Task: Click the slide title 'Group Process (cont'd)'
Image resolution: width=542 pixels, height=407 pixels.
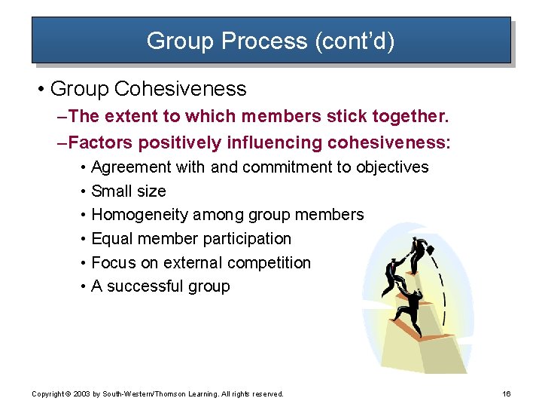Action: (x=270, y=40)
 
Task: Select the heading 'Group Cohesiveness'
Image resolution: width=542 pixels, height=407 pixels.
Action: (x=148, y=89)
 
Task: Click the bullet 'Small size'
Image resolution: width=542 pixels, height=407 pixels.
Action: (x=128, y=191)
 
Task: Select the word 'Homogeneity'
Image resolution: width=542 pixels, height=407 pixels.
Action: (x=139, y=215)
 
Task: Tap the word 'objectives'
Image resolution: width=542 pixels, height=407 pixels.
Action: (x=392, y=167)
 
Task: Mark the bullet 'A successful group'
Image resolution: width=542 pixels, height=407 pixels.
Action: (x=160, y=286)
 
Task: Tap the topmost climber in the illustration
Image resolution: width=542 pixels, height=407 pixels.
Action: (x=419, y=255)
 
